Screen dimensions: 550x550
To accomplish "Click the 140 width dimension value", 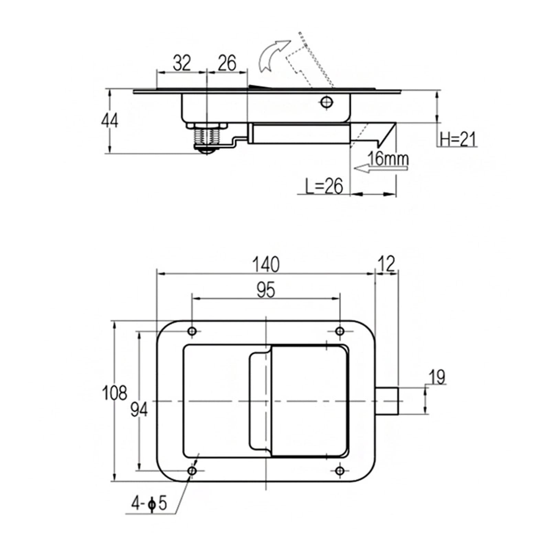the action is click(266, 265).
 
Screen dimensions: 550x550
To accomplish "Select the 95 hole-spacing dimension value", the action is click(266, 290).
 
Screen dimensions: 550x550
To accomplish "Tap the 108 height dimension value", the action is click(115, 393).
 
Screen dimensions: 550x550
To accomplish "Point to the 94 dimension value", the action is click(139, 409).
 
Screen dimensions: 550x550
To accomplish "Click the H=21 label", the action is click(458, 140).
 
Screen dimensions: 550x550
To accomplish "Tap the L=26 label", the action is click(324, 186).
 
